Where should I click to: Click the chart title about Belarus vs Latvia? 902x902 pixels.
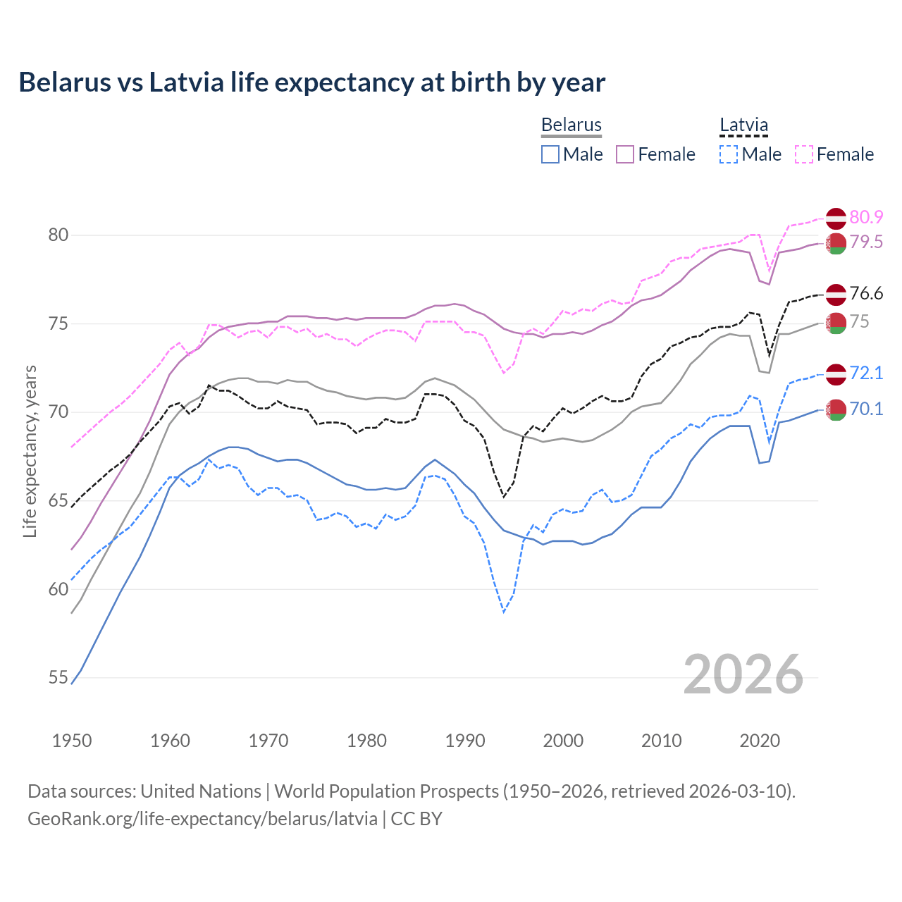pos(311,82)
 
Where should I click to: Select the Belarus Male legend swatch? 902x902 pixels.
pos(550,154)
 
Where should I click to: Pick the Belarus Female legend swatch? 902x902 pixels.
pos(625,154)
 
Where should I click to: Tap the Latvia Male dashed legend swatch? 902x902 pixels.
pos(729,154)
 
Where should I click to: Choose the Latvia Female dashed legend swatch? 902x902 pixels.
pos(804,154)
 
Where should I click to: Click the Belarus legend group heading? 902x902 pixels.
pos(571,125)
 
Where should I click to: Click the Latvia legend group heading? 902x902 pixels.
pos(743,125)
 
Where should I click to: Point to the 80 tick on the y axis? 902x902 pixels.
pos(58,235)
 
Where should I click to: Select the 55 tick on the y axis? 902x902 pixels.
pos(58,678)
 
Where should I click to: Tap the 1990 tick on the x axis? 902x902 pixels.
pos(465,741)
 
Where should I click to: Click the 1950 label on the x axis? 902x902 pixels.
pos(72,741)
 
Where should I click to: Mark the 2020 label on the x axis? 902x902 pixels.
pos(760,741)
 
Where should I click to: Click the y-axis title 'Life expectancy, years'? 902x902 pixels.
pos(30,451)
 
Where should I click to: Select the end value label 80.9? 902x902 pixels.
pos(866,218)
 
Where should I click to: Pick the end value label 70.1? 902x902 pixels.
pos(866,409)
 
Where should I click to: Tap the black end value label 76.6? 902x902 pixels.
pos(866,294)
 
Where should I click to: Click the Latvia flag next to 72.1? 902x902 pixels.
pos(836,374)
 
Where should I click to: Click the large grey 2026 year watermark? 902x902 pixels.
pos(743,675)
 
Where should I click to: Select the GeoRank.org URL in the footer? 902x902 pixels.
pos(202,819)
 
